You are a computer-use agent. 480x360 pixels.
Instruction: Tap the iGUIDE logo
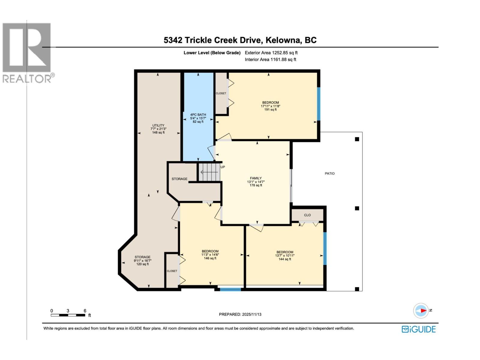(418, 329)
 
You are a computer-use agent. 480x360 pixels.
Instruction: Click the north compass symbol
(421, 310)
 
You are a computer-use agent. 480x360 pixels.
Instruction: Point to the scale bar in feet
(68, 315)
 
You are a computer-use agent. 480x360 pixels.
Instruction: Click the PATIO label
(329, 173)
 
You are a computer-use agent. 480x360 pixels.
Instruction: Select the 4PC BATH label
(198, 118)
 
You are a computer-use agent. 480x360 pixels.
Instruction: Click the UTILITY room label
(158, 129)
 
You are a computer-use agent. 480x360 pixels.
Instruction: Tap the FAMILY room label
(256, 181)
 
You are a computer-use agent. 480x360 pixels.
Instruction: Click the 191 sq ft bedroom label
(270, 106)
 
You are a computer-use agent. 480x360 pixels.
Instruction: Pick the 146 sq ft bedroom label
(210, 255)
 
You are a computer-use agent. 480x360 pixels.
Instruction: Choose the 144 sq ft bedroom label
(285, 256)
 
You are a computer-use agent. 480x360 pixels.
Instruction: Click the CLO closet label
(307, 215)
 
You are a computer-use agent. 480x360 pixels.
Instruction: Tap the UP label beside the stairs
(223, 167)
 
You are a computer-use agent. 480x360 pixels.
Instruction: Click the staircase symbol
(209, 172)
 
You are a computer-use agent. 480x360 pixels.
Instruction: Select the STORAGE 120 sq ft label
(142, 260)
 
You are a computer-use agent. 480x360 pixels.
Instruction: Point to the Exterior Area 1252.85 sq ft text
(271, 53)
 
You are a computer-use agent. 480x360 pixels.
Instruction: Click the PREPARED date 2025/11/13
(240, 314)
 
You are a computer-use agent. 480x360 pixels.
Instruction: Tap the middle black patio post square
(357, 208)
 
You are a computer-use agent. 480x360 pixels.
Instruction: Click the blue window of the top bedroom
(319, 104)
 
